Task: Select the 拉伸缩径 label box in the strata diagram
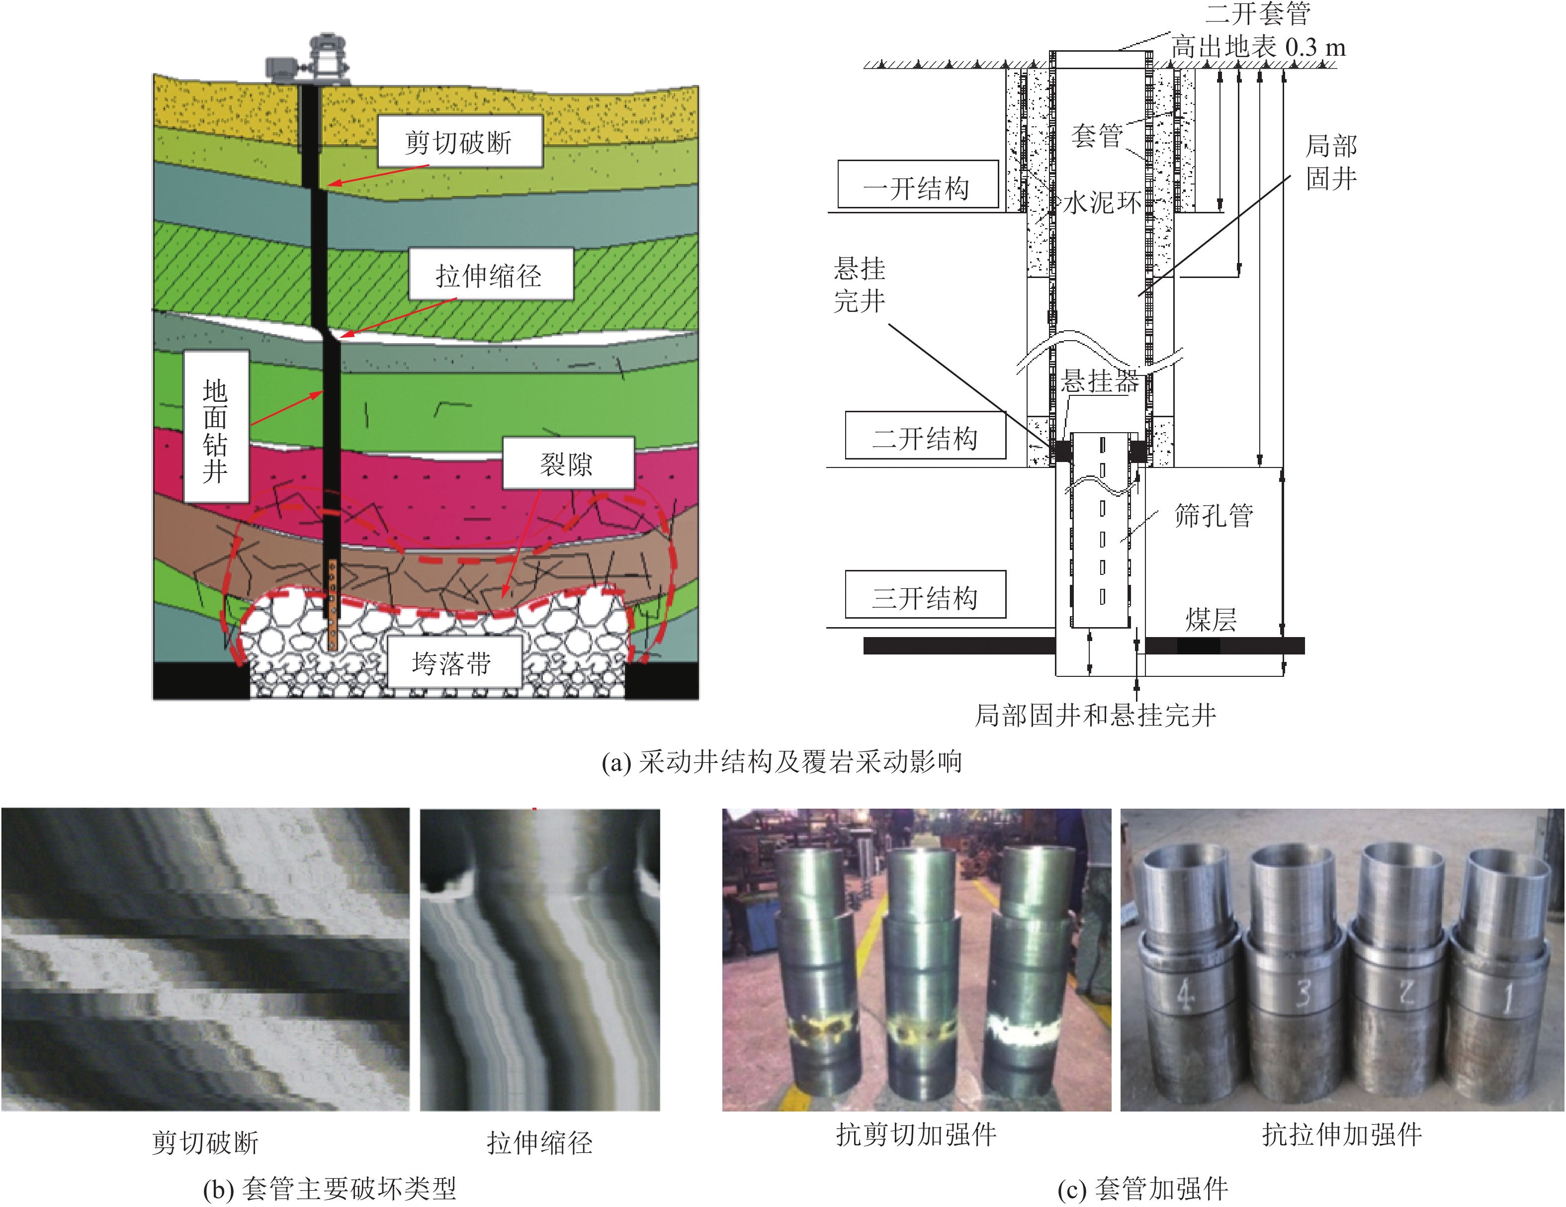[491, 275]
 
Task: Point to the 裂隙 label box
[568, 464]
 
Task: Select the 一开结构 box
[918, 185]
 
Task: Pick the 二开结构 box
[925, 436]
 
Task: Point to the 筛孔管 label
[1213, 515]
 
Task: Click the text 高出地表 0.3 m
[1258, 47]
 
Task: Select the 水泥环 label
[1102, 203]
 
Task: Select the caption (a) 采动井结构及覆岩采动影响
[782, 761]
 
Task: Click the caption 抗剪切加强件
[916, 1134]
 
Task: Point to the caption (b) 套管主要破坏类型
[330, 1189]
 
